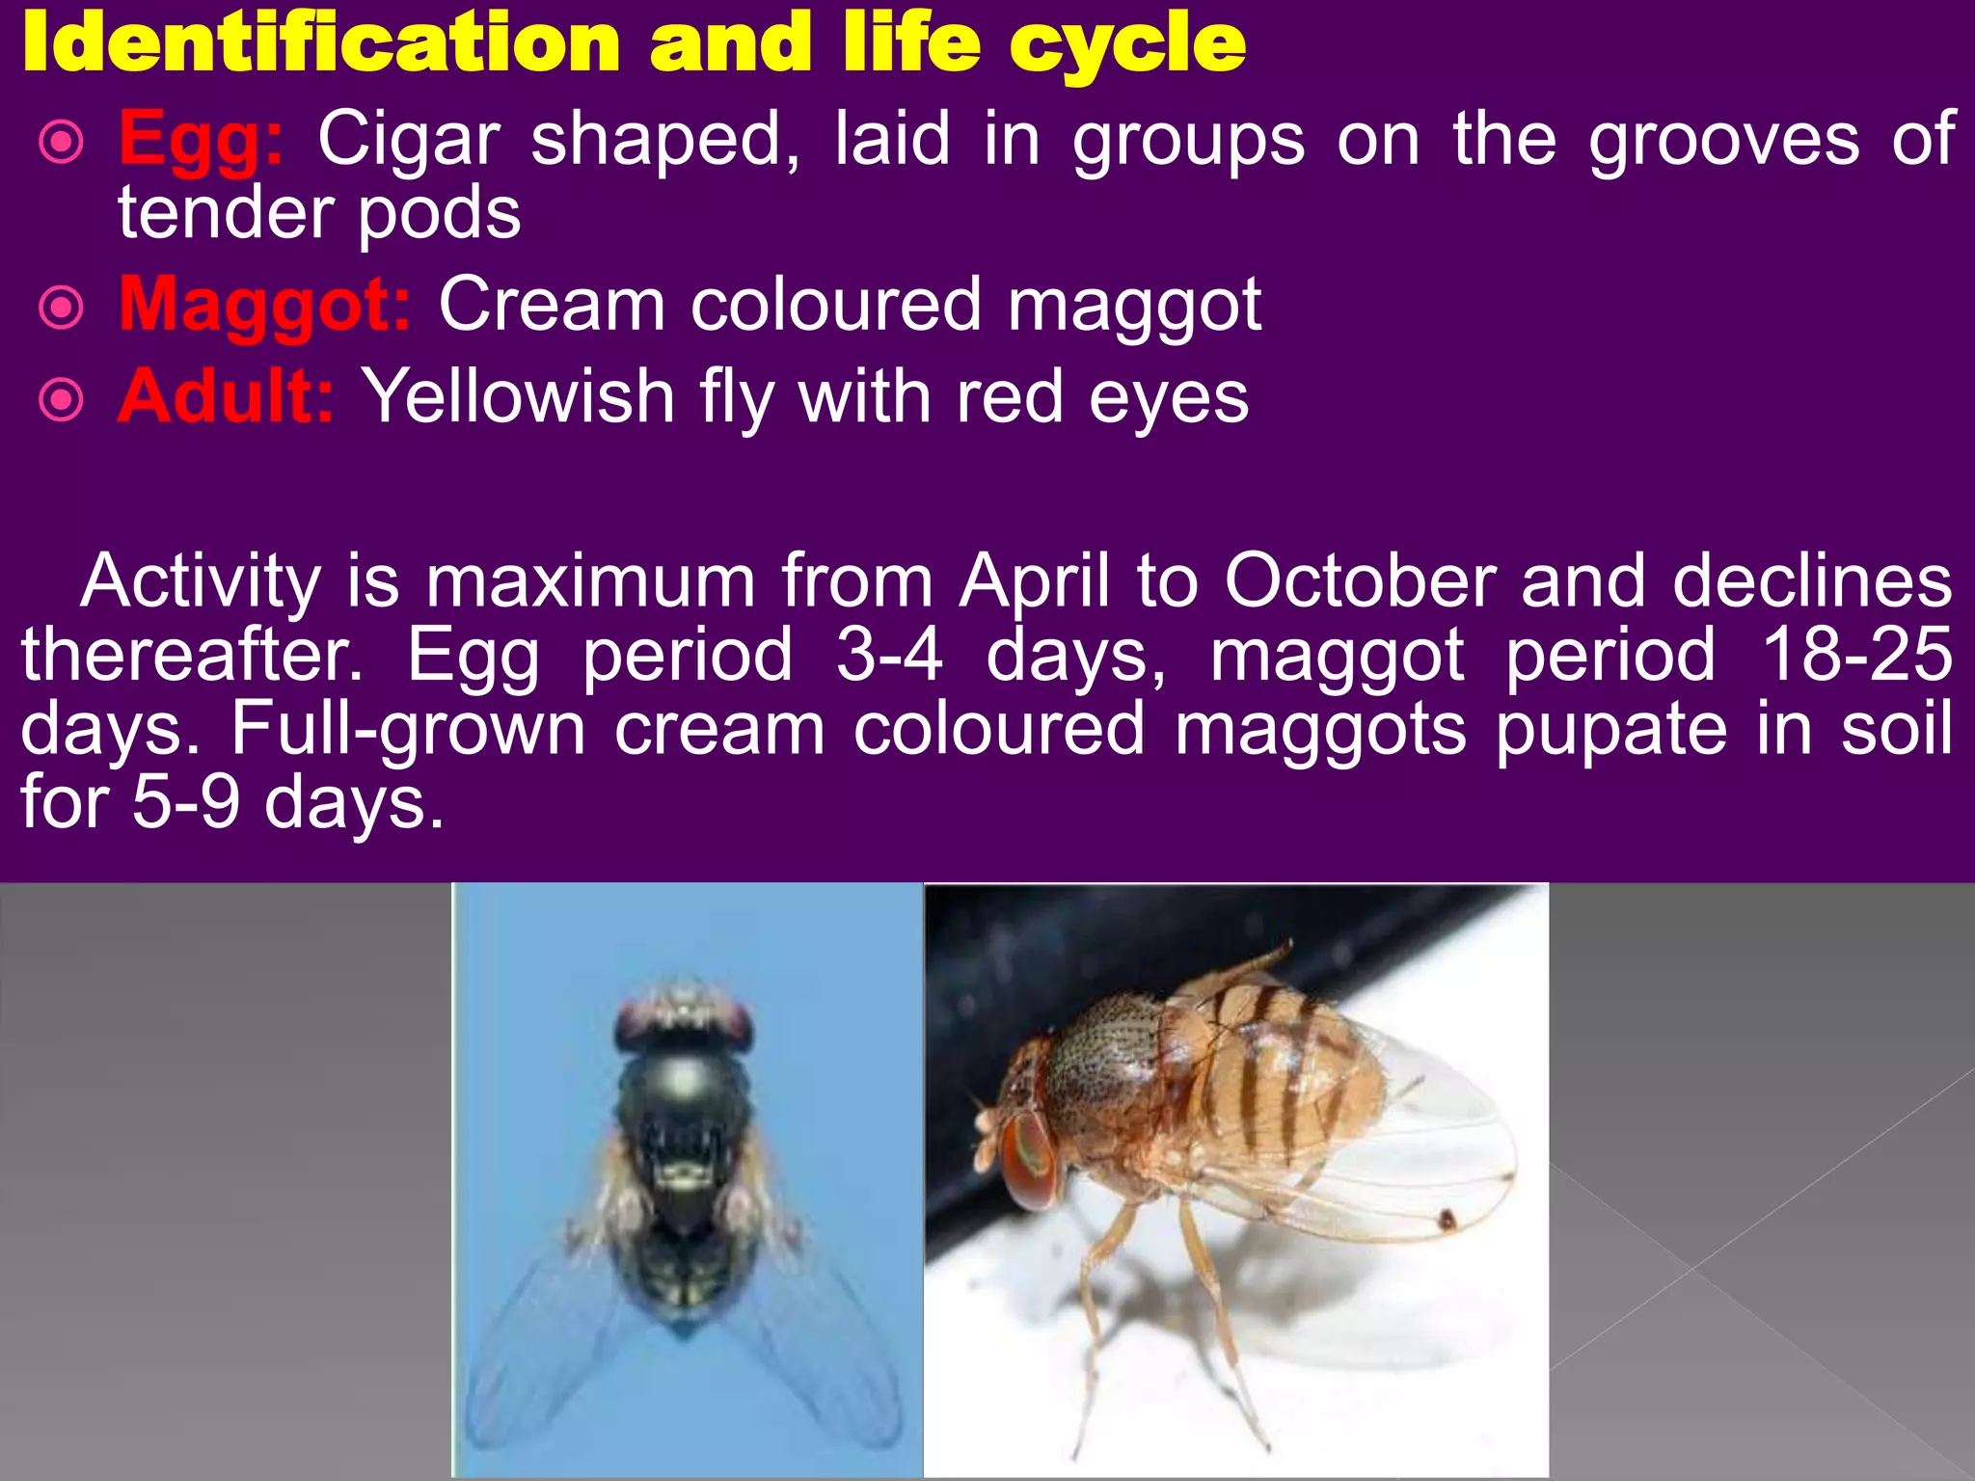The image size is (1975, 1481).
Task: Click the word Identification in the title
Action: tap(321, 43)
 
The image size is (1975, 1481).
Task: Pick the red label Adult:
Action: tap(226, 397)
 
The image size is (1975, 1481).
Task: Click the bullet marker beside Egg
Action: tap(62, 143)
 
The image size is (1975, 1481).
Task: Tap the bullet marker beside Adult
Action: tap(62, 399)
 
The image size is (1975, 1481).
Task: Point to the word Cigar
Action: tap(409, 141)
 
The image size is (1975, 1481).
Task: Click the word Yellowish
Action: tap(517, 397)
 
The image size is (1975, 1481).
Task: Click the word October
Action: tap(1360, 582)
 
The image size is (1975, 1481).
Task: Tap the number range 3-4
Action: tap(888, 656)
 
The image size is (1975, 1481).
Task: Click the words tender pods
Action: tap(319, 214)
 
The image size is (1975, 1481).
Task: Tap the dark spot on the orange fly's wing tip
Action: tap(1447, 1221)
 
